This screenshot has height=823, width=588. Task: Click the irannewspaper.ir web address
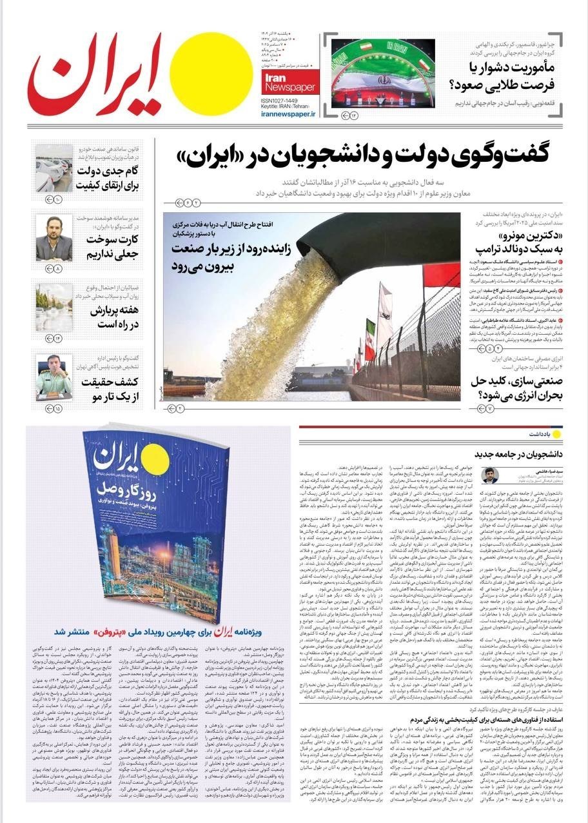coord(289,114)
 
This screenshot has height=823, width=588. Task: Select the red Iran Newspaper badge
coord(289,82)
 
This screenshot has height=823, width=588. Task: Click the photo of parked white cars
coord(54,168)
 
